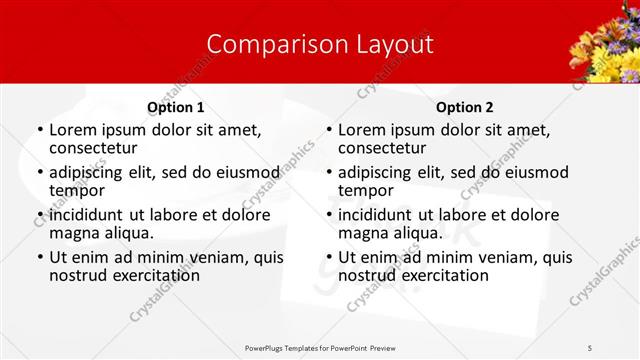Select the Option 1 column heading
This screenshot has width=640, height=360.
tap(175, 107)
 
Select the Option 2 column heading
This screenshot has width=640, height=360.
tap(465, 107)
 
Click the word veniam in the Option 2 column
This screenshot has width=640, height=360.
tap(489, 257)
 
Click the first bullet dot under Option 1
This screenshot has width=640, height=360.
tap(40, 130)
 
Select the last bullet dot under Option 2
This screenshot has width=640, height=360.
tap(329, 257)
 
